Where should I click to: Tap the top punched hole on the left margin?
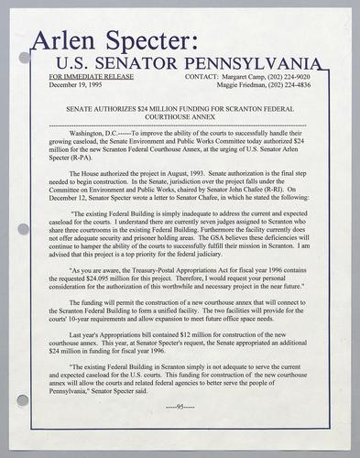click(25, 57)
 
